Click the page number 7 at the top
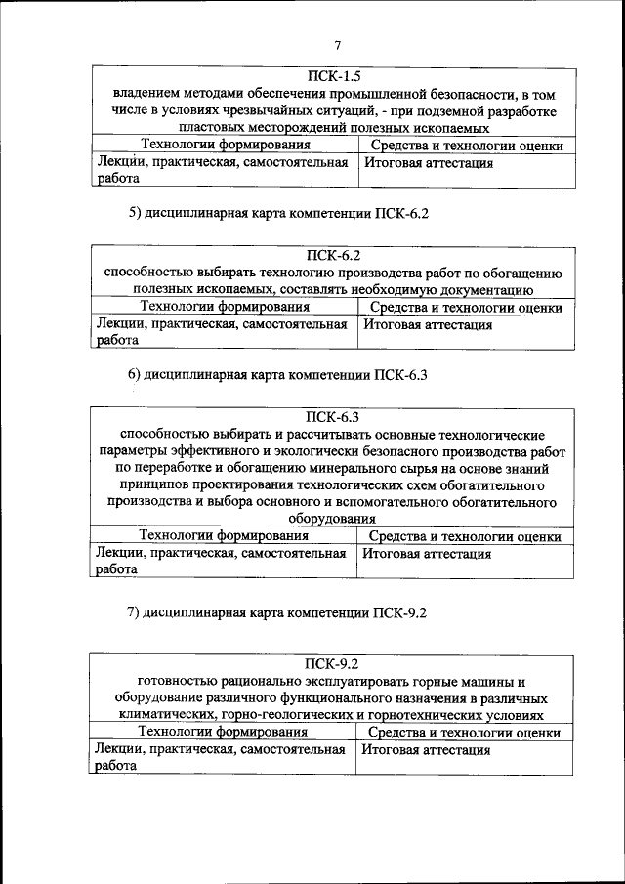click(337, 45)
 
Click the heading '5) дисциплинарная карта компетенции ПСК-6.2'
click(279, 213)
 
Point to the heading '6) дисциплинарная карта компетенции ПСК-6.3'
click(279, 374)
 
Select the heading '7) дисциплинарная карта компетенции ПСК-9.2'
click(278, 613)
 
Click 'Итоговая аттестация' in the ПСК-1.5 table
click(429, 163)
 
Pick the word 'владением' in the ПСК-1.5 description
click(144, 94)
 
